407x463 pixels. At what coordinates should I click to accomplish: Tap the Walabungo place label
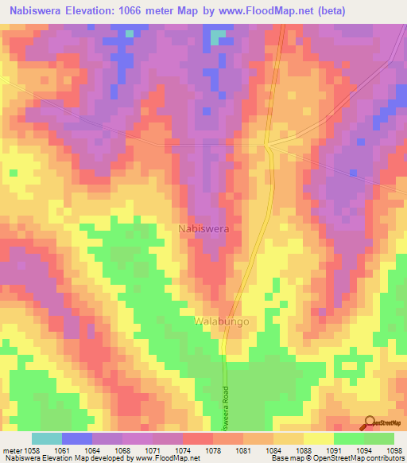click(x=222, y=321)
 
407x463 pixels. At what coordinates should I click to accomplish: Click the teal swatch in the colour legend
click(x=46, y=438)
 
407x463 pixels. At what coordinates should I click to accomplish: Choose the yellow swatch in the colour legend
click(x=318, y=438)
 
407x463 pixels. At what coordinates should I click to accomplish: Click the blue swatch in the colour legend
click(x=76, y=438)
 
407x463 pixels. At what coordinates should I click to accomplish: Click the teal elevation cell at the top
click(x=217, y=37)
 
